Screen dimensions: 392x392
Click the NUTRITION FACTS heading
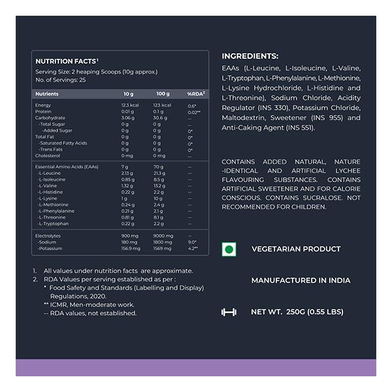pos(63,61)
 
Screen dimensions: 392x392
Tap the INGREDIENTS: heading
pos(250,56)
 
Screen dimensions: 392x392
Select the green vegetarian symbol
pos(228,249)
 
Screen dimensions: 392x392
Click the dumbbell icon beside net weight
pos(228,312)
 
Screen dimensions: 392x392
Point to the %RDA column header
pos(196,94)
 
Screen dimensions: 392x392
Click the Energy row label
pos(43,105)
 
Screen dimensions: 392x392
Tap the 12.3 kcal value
pos(130,105)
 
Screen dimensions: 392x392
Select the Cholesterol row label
pos(48,155)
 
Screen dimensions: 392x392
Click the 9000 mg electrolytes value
pos(163,236)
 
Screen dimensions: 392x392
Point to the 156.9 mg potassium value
pos(131,248)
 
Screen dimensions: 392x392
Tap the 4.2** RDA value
pos(193,248)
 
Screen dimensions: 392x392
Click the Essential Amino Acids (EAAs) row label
pos(67,167)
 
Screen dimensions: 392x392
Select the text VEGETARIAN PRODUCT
pos(296,249)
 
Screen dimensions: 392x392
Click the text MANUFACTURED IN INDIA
pos(301,280)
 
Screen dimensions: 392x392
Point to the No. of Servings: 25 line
pos(61,80)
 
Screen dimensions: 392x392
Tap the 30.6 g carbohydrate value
pos(161,118)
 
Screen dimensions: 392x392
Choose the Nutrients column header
pos(47,94)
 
